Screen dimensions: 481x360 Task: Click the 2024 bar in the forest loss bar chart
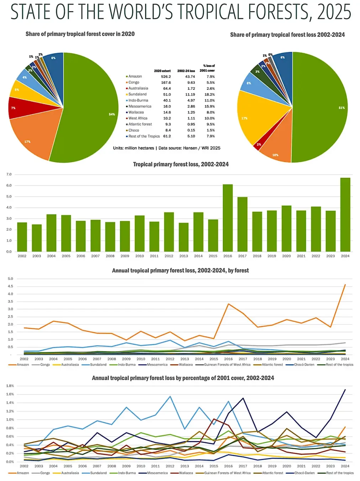point(345,214)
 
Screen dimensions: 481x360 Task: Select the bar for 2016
point(228,218)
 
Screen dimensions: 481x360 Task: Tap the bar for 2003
point(37,238)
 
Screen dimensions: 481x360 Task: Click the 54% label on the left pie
point(112,114)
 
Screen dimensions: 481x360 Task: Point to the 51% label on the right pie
point(341,108)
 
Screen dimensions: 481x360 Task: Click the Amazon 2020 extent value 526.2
point(166,77)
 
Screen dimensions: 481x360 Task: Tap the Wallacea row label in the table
point(136,112)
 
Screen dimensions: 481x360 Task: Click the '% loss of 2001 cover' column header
point(208,68)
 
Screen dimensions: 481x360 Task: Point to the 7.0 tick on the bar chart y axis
point(9,175)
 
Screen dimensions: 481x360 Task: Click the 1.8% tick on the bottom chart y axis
point(10,386)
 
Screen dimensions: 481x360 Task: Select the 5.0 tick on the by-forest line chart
point(10,279)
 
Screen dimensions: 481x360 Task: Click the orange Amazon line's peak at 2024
point(345,285)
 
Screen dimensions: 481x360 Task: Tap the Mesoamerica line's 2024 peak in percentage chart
point(345,390)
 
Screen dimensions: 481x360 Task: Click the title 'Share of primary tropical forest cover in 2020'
point(80,34)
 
